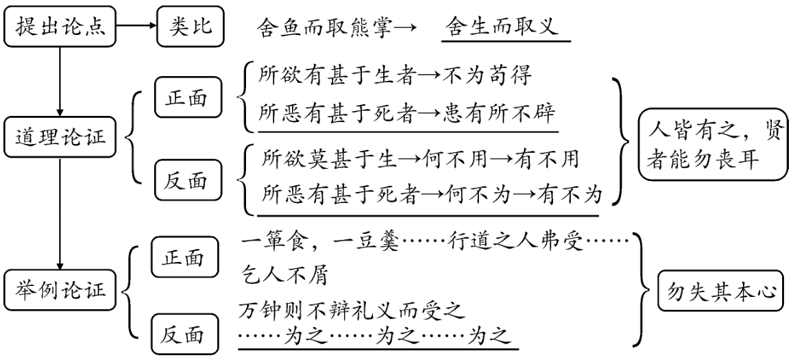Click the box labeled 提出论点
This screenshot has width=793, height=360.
(x=60, y=27)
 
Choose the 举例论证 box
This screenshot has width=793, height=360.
(x=60, y=290)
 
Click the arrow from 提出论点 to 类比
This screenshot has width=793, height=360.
(x=136, y=27)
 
